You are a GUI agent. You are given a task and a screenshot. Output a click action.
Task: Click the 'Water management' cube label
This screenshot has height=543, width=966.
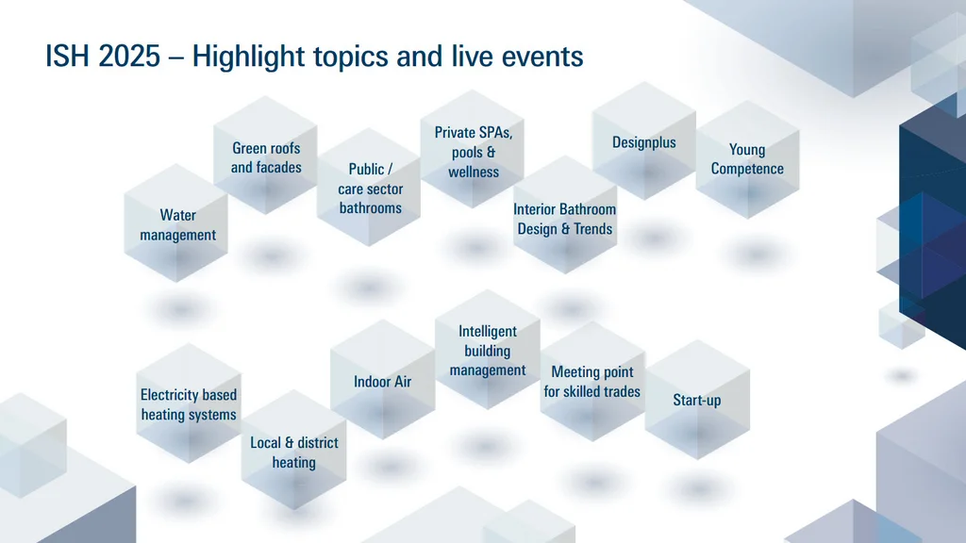point(177,225)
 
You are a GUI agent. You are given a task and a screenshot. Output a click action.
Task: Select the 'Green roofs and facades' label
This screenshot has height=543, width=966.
point(266,158)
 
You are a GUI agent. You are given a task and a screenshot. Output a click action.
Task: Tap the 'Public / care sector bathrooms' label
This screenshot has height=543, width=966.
point(370,189)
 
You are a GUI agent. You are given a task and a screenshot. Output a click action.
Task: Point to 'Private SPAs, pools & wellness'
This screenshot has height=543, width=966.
point(474,152)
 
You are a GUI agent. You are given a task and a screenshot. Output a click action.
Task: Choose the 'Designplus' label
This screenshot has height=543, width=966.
point(644,142)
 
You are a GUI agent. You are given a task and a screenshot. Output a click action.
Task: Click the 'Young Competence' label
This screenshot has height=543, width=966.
point(747,159)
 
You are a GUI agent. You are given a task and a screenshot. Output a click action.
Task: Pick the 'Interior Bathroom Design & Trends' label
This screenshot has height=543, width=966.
point(564,219)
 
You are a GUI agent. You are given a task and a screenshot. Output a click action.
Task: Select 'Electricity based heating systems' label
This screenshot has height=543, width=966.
point(189,404)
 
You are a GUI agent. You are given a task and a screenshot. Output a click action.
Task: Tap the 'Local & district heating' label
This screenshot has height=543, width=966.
point(293,452)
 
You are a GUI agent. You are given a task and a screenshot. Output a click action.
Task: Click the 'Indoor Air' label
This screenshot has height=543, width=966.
point(382,382)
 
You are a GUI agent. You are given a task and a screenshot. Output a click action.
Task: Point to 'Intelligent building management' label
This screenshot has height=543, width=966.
point(488,351)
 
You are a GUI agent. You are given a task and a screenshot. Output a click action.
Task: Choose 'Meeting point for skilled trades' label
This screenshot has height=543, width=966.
point(591,382)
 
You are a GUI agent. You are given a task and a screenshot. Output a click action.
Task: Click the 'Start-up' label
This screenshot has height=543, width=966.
point(696,400)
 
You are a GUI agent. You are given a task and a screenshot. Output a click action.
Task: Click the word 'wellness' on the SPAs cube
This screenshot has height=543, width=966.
point(474,173)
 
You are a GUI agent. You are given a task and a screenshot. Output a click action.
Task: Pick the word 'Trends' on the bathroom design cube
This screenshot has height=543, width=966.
point(592,229)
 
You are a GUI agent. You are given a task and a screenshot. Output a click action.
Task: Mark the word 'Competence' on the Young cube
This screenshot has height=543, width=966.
point(747,169)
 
